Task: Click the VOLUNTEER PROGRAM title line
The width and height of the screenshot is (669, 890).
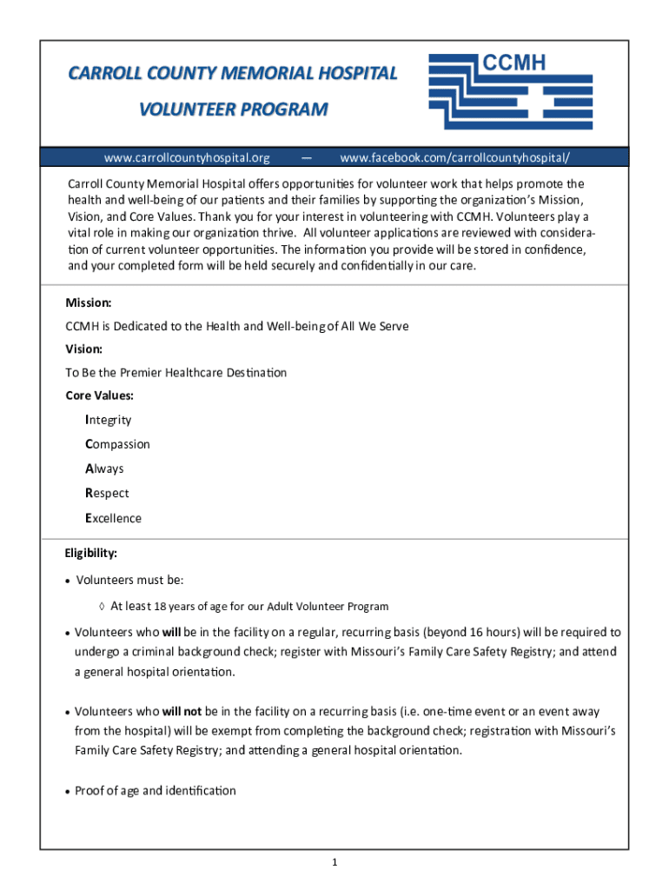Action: click(233, 110)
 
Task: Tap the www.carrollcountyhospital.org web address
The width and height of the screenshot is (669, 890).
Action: click(187, 157)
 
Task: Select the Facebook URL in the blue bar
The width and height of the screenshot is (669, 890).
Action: click(455, 157)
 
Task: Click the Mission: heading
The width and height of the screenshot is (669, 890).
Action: click(89, 302)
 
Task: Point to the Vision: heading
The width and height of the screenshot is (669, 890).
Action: click(84, 349)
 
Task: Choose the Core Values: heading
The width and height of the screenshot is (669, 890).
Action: click(100, 395)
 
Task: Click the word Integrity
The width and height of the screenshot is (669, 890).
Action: click(109, 420)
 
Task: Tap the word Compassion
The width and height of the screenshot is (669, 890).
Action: click(117, 444)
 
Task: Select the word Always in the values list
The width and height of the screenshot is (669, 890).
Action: click(105, 468)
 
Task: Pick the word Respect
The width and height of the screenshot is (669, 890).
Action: click(107, 493)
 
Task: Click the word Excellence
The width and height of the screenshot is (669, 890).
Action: click(113, 518)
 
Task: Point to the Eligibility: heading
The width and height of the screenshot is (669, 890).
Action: click(90, 553)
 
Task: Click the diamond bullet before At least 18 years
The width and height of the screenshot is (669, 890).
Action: click(102, 607)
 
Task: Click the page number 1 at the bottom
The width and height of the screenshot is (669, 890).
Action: click(334, 862)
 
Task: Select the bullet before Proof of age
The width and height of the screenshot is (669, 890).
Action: click(68, 792)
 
